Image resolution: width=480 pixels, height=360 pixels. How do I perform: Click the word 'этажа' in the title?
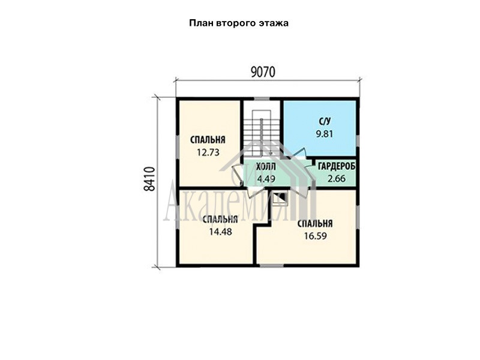(274, 23)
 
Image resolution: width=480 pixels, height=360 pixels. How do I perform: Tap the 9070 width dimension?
(263, 72)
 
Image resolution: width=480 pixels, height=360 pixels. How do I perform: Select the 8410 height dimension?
(149, 179)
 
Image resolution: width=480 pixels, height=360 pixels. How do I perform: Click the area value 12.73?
(208, 152)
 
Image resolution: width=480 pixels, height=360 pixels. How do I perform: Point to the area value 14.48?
(220, 232)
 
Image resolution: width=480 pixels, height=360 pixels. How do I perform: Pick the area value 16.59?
(316, 236)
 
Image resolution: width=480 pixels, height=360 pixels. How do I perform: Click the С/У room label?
(325, 122)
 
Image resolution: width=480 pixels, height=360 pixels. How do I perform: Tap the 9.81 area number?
(325, 134)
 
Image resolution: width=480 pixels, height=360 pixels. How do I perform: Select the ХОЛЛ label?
(266, 167)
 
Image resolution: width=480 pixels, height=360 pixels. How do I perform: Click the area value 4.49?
(266, 179)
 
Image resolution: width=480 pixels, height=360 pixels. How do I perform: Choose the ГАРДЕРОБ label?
(337, 167)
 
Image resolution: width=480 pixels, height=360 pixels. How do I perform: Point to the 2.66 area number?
(337, 178)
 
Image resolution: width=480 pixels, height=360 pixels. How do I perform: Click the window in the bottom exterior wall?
(272, 265)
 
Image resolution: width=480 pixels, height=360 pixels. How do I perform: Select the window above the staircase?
(262, 99)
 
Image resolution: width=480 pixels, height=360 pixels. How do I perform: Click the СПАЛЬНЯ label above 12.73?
(208, 140)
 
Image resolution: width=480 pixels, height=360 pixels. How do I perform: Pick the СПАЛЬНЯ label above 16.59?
(315, 223)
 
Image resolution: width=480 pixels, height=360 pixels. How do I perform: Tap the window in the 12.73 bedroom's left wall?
(178, 143)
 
